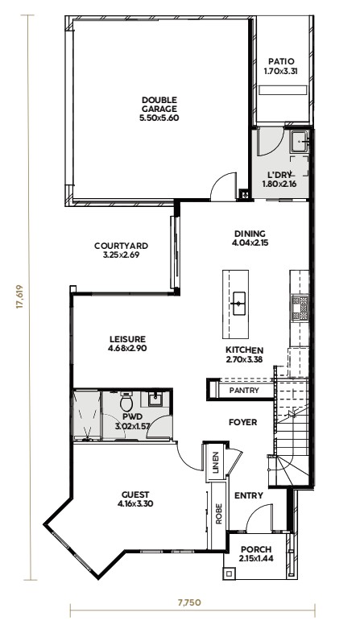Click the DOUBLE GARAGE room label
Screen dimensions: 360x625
(159, 104)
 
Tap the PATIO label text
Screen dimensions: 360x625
(281, 62)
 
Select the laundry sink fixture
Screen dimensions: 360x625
(300, 142)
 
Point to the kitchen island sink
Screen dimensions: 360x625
(238, 304)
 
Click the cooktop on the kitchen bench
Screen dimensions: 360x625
(300, 308)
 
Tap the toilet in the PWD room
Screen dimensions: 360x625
(126, 401)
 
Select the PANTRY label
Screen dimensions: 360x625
(244, 391)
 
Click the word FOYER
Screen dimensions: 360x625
(242, 422)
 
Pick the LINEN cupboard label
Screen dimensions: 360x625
(215, 462)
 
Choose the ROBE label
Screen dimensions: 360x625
(218, 515)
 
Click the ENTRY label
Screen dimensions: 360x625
(248, 496)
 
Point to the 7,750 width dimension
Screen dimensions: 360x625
(189, 602)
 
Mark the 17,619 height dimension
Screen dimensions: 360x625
(19, 297)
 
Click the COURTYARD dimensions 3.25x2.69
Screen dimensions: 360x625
(121, 255)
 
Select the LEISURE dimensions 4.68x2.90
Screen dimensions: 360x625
(127, 349)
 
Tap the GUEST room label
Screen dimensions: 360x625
(135, 495)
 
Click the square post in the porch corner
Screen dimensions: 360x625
(229, 574)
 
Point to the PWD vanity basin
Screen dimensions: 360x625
(155, 399)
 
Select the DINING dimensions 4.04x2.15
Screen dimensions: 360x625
(250, 242)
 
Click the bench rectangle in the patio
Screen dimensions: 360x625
(283, 89)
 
